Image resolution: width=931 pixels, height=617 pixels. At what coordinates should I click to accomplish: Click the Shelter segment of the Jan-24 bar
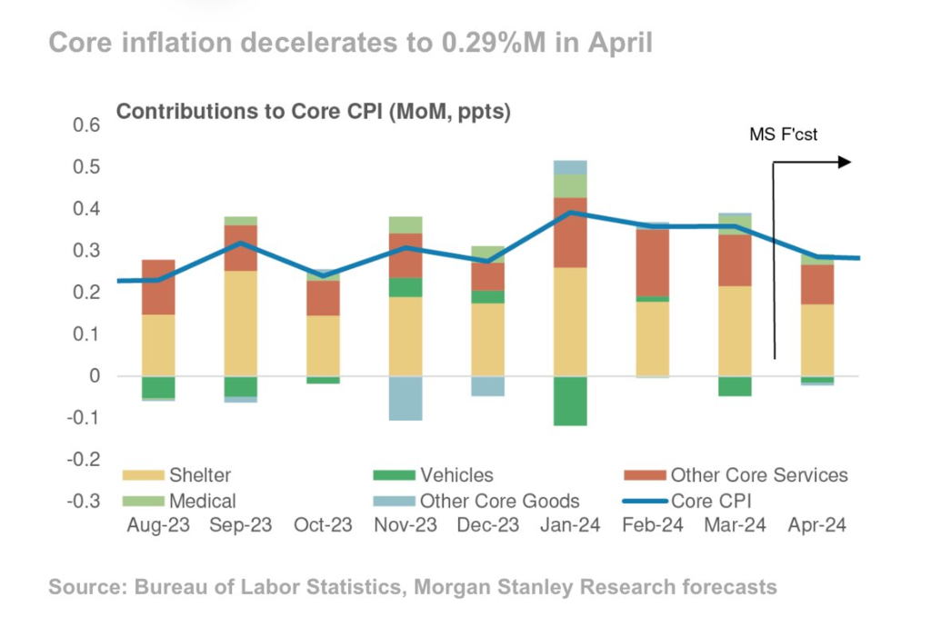pyautogui.click(x=570, y=322)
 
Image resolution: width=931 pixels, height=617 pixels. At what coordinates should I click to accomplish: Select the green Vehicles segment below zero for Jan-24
pyautogui.click(x=570, y=401)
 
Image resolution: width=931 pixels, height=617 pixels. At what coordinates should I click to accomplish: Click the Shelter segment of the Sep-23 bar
pyautogui.click(x=240, y=323)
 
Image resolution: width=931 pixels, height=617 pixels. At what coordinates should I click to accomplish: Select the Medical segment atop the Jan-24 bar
pyautogui.click(x=570, y=185)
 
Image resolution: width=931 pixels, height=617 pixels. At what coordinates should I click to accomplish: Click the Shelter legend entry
pyautogui.click(x=177, y=475)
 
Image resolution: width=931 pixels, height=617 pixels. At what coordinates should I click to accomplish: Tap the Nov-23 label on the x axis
pyautogui.click(x=405, y=526)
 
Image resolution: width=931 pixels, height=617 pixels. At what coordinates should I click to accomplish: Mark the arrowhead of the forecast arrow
pyautogui.click(x=845, y=162)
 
